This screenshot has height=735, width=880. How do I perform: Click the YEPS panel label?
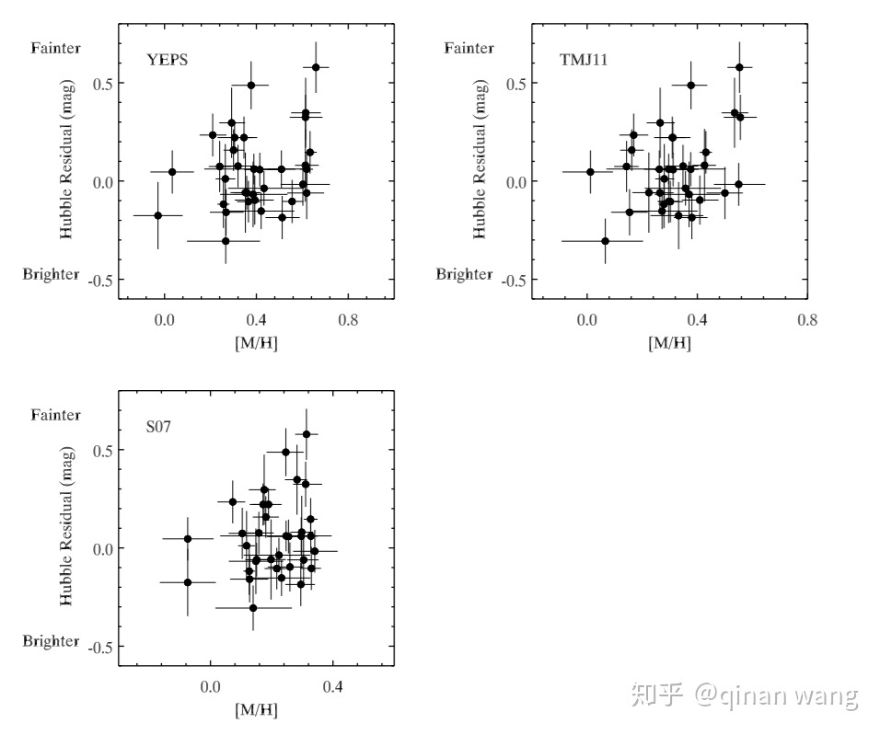(168, 61)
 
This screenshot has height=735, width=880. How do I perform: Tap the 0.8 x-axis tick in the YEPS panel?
(348, 320)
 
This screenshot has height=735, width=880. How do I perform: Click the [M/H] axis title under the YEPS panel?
(256, 342)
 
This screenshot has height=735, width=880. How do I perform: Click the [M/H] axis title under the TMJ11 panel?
(669, 342)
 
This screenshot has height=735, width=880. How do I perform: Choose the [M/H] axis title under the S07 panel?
(256, 709)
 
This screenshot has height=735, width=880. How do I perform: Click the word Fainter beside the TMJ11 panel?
(469, 48)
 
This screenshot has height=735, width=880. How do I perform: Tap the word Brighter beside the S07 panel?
(52, 641)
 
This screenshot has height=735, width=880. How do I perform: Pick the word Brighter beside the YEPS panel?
(52, 274)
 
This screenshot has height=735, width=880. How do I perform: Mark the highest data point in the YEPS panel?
(316, 67)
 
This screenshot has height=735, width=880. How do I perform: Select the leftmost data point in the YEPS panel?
(158, 215)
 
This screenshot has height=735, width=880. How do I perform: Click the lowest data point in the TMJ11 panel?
(605, 241)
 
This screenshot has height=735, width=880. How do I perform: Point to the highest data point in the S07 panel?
(307, 434)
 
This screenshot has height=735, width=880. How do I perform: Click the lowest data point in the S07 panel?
(253, 608)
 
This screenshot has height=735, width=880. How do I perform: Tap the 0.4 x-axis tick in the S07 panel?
(332, 687)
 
